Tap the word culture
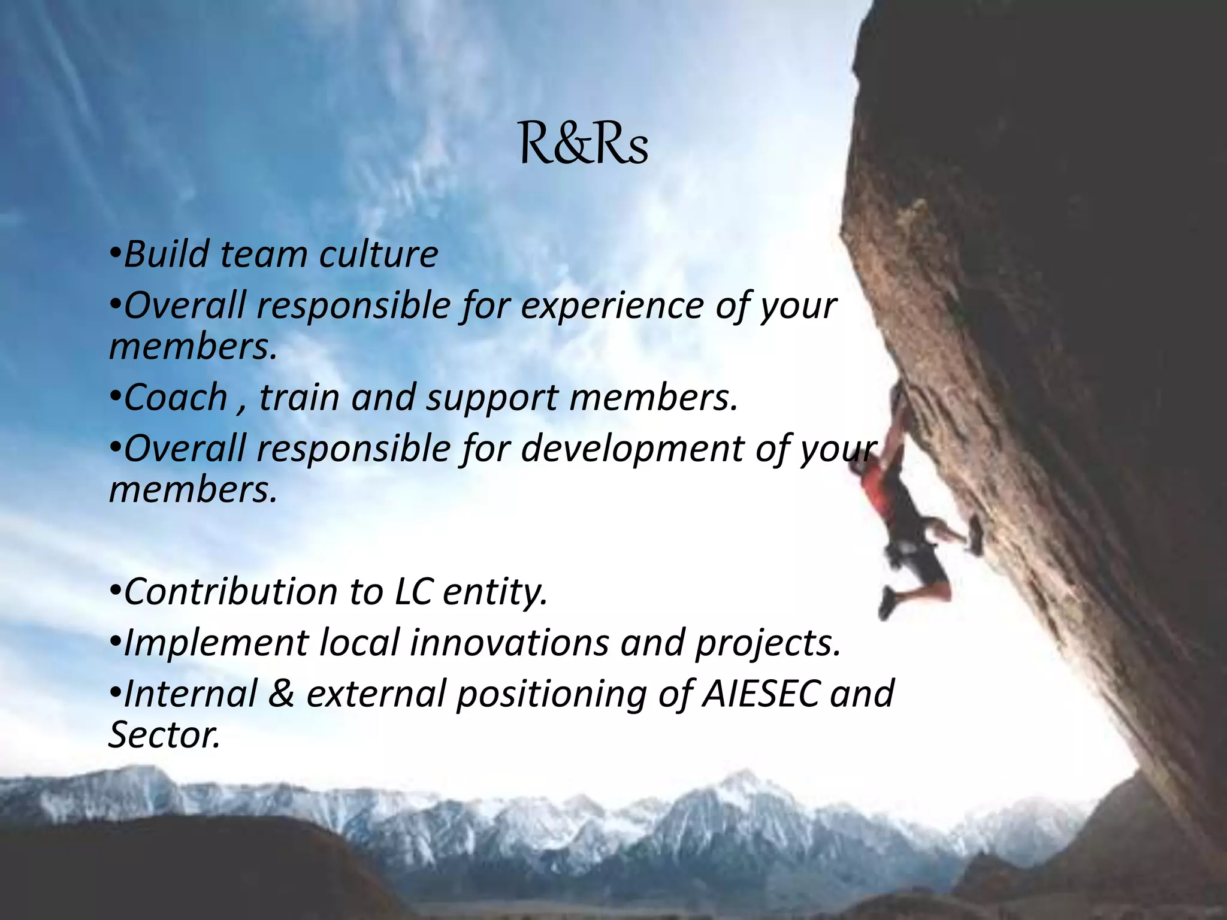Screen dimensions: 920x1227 tap(378, 254)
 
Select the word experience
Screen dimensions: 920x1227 tap(612, 307)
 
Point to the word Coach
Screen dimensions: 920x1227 tap(176, 397)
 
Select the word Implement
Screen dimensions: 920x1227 tap(216, 643)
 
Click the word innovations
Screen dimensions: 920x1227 tap(509, 643)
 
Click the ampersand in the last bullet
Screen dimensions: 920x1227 tap(281, 694)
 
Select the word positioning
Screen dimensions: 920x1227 tap(551, 695)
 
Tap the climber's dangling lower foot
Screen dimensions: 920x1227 tap(887, 604)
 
